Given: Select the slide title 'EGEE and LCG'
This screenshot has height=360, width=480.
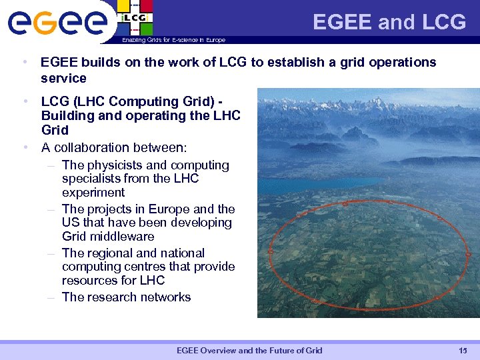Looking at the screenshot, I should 389,22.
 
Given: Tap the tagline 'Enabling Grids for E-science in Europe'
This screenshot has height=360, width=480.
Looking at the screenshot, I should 173,40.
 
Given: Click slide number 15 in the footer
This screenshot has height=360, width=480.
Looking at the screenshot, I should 463,351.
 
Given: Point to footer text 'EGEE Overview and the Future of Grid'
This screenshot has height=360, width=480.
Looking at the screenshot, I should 249,351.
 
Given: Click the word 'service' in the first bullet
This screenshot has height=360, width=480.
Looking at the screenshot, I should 63,78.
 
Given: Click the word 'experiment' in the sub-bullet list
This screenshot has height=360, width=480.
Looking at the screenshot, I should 93,192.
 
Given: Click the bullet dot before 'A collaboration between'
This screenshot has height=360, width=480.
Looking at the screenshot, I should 25,147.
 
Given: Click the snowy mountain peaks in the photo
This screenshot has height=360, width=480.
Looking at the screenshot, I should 373,110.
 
